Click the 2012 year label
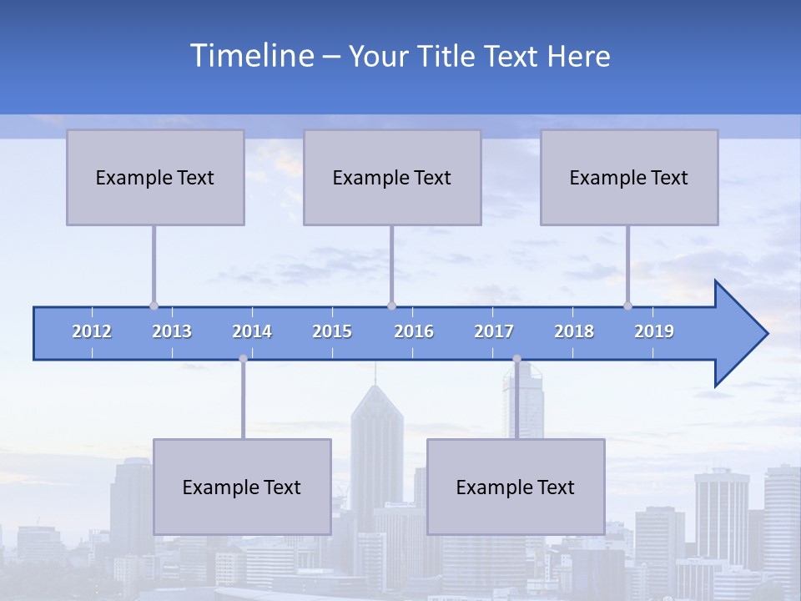pyautogui.click(x=92, y=331)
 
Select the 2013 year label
pyautogui.click(x=172, y=331)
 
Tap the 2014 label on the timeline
pyautogui.click(x=252, y=331)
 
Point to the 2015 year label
pyautogui.click(x=332, y=331)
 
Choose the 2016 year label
pyautogui.click(x=414, y=331)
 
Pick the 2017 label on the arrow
pyautogui.click(x=494, y=331)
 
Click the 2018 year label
pyautogui.click(x=574, y=331)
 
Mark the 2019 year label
pyautogui.click(x=654, y=331)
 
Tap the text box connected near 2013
pyautogui.click(x=155, y=177)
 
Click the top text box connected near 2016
pyautogui.click(x=392, y=177)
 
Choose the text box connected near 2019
pyautogui.click(x=629, y=177)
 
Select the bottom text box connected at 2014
pyautogui.click(x=242, y=487)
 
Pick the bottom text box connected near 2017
pyautogui.click(x=516, y=487)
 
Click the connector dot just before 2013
pyautogui.click(x=154, y=306)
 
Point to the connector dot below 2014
pyautogui.click(x=243, y=359)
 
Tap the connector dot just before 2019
pyautogui.click(x=627, y=306)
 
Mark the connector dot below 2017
pyautogui.click(x=516, y=359)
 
